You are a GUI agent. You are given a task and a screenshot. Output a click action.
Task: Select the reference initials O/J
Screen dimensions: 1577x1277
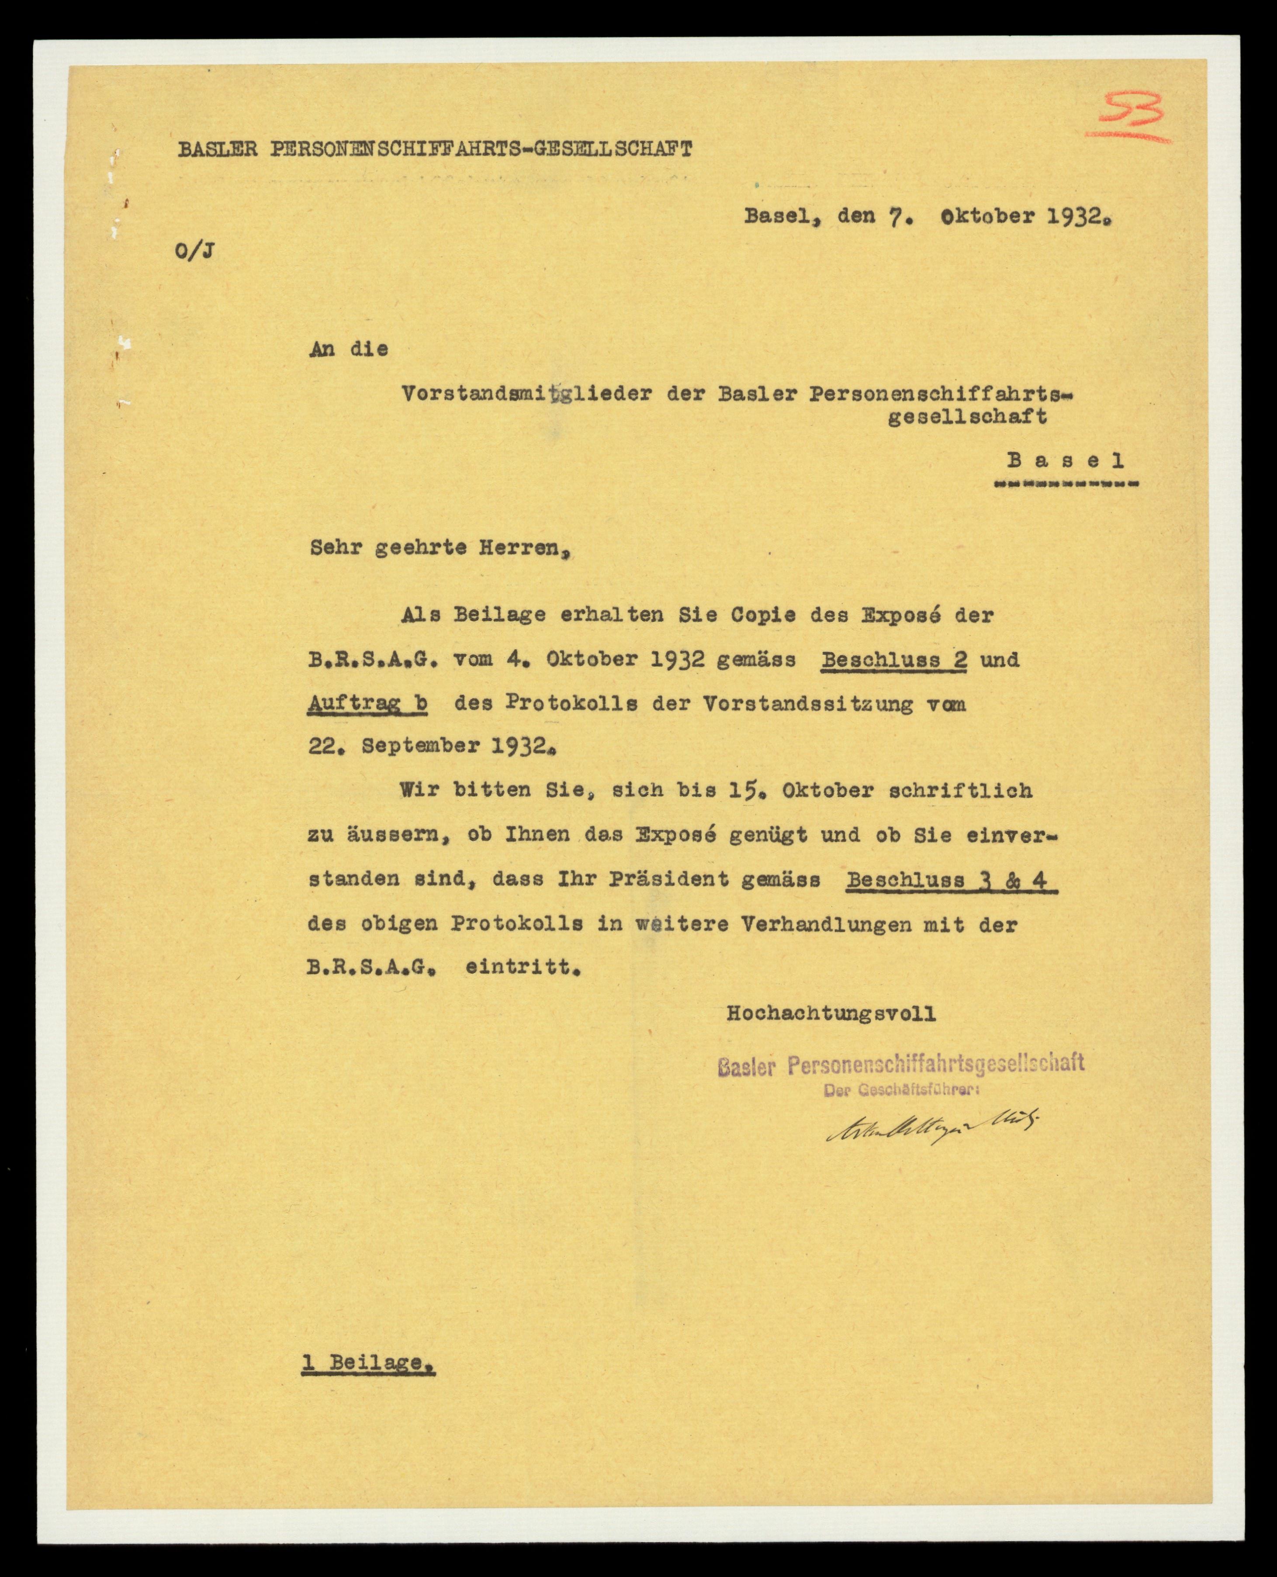coord(195,253)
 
